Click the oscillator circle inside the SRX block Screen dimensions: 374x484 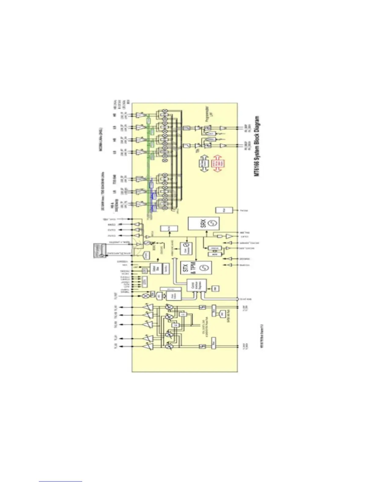[x=212, y=223]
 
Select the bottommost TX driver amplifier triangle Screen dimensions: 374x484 [x=148, y=346]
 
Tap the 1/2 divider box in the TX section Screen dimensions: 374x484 [x=183, y=314]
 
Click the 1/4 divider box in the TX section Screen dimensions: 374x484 [x=175, y=325]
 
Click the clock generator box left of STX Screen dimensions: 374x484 [x=185, y=248]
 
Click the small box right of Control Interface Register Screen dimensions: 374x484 [x=215, y=288]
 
